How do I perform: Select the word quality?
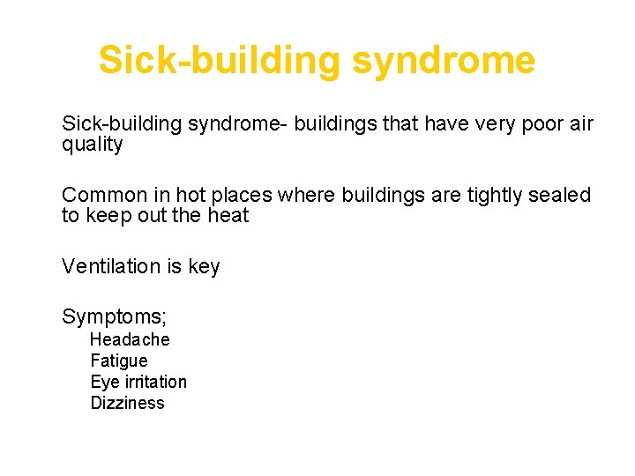tap(92, 145)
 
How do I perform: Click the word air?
tap(581, 124)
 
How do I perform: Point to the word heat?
tap(229, 216)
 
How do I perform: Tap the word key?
tap(204, 265)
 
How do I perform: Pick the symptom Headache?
tap(130, 339)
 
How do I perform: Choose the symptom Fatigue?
tap(119, 361)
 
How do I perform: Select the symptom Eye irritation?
tap(138, 382)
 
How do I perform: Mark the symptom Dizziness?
tap(127, 403)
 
